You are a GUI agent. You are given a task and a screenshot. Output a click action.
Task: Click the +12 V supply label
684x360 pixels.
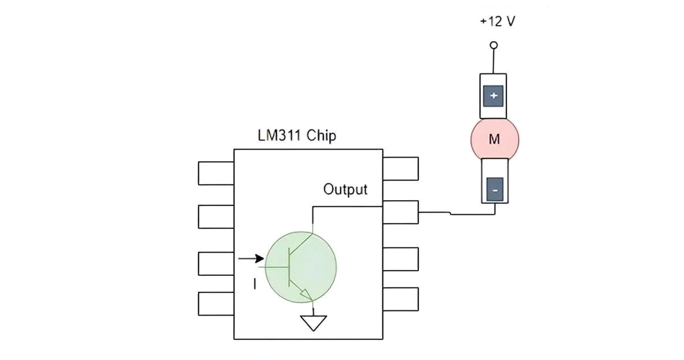coord(498,21)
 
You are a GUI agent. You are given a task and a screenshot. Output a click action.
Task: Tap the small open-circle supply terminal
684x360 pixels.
coord(494,45)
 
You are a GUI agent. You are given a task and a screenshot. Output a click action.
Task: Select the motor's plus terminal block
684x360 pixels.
coord(494,96)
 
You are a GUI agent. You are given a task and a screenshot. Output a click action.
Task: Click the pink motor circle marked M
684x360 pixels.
coord(494,139)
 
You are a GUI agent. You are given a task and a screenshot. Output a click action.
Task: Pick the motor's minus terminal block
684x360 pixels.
coord(494,191)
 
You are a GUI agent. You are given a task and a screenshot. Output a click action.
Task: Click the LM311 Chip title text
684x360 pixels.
coord(297,135)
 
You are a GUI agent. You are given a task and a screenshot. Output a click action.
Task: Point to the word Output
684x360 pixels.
coord(346,189)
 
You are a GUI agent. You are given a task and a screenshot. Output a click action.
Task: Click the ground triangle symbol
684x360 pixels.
coord(313,323)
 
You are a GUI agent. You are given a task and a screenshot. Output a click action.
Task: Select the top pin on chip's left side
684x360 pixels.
coord(216,173)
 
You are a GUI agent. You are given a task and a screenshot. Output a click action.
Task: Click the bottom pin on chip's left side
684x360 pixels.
coord(216,303)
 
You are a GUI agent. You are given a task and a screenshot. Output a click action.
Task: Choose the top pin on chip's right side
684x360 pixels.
coord(400,168)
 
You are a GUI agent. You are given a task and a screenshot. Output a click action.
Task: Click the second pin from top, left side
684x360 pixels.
coord(216,216)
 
